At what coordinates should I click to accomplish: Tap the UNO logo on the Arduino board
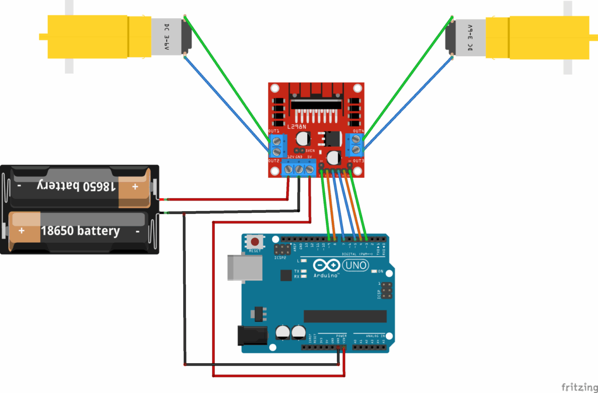click(356, 266)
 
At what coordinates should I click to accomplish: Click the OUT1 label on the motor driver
click(274, 131)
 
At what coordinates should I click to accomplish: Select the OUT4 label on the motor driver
click(358, 131)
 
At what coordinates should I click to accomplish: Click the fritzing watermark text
click(579, 387)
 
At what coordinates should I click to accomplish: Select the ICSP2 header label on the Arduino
click(281, 257)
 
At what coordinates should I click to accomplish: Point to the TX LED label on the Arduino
click(297, 272)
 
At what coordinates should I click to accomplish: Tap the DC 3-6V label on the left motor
click(166, 37)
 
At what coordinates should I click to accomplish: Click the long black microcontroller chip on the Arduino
click(345, 316)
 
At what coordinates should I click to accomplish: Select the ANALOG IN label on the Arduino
click(372, 336)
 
